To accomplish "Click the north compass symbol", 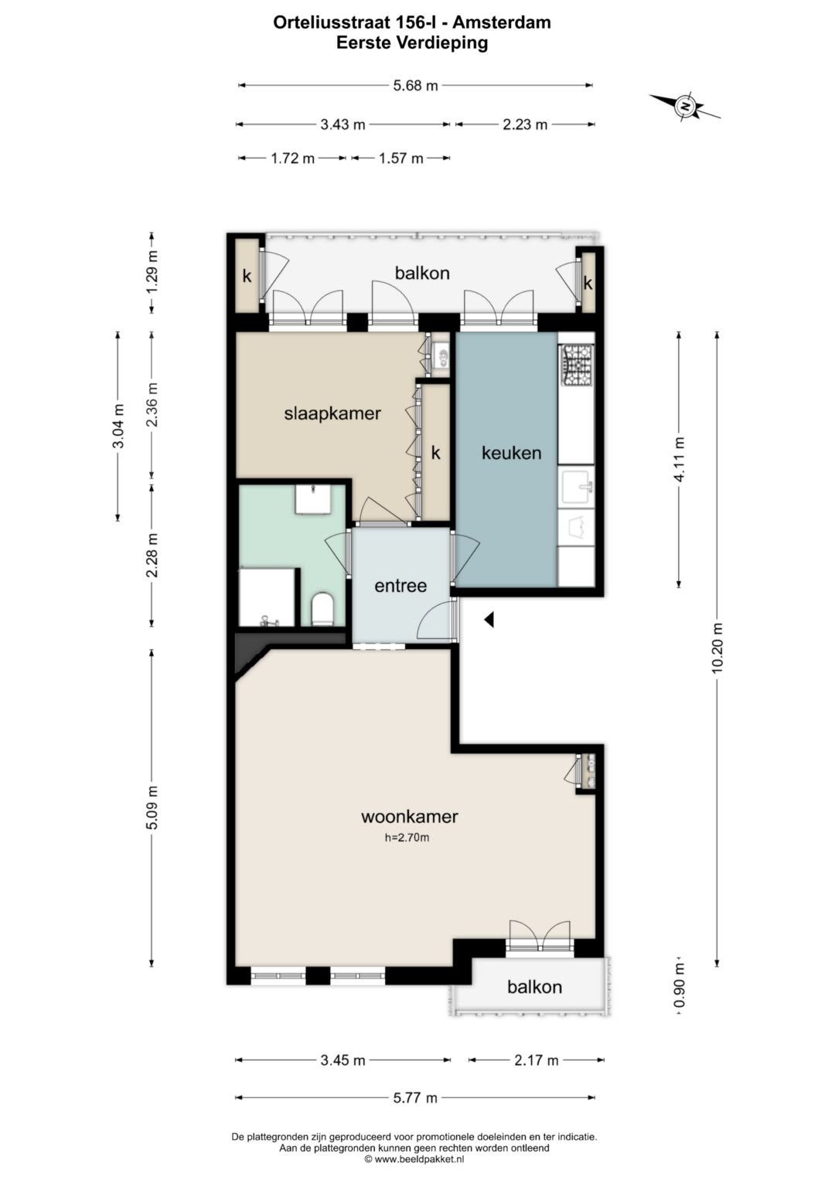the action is [684, 106].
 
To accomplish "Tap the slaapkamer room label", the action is [332, 413].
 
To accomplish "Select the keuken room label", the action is [511, 453].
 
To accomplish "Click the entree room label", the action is [400, 586].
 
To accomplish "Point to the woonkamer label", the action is [410, 817].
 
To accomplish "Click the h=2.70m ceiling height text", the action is [407, 838].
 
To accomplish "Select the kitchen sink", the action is [578, 488].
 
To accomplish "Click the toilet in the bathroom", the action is [322, 610].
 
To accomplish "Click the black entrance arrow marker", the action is [489, 620].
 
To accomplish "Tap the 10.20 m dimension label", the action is [717, 648].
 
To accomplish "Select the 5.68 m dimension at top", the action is [415, 85].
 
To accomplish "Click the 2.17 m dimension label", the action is [536, 1060].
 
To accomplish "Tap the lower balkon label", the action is [534, 987].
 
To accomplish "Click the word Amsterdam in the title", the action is [502, 22].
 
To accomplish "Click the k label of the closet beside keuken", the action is [435, 453].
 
